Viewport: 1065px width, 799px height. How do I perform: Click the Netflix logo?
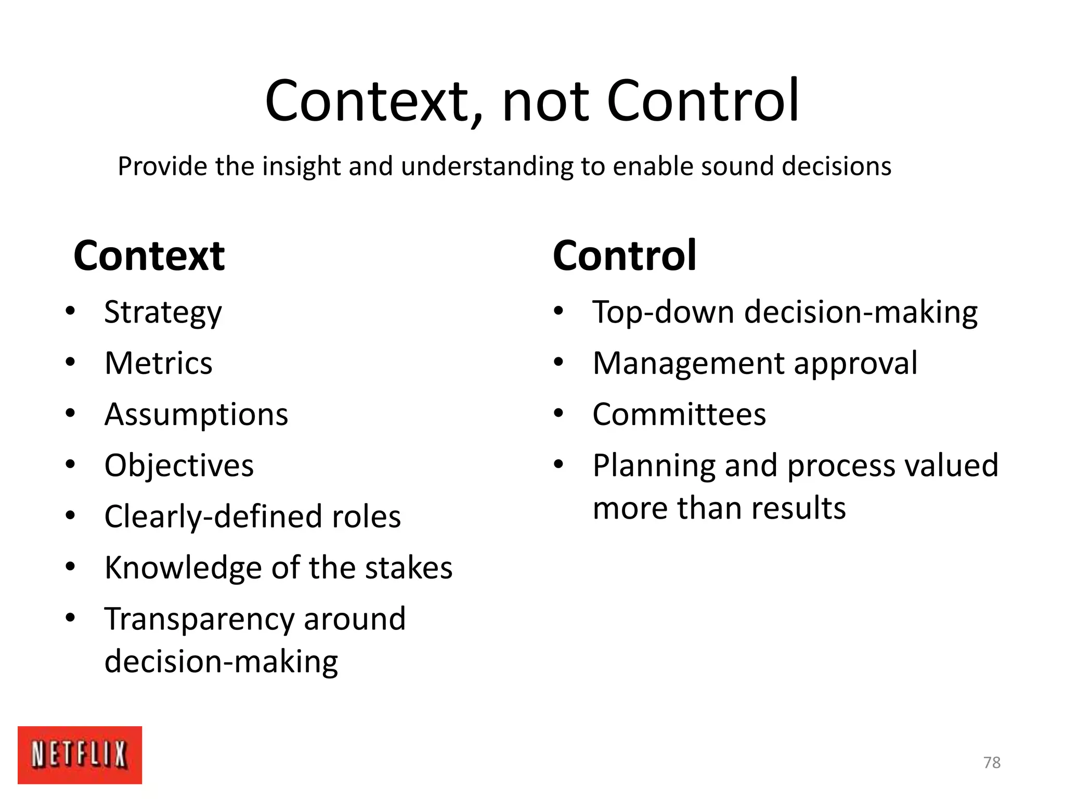(80, 754)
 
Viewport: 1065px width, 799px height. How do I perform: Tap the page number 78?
(992, 763)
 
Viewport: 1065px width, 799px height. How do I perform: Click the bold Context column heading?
(149, 256)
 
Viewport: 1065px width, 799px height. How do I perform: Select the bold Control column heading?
(624, 256)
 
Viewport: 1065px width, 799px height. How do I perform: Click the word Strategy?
(163, 313)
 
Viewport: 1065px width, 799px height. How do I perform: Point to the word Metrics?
(159, 363)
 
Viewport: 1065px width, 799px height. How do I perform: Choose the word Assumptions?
(196, 415)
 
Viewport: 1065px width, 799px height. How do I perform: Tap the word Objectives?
(179, 466)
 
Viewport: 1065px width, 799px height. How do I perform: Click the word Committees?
(679, 415)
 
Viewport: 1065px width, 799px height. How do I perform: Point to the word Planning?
(654, 466)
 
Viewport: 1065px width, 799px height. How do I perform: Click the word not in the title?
(546, 101)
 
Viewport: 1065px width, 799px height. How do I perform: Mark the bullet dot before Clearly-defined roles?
(71, 516)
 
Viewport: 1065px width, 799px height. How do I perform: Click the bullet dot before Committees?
(559, 414)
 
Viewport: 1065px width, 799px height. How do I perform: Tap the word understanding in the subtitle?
(487, 167)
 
